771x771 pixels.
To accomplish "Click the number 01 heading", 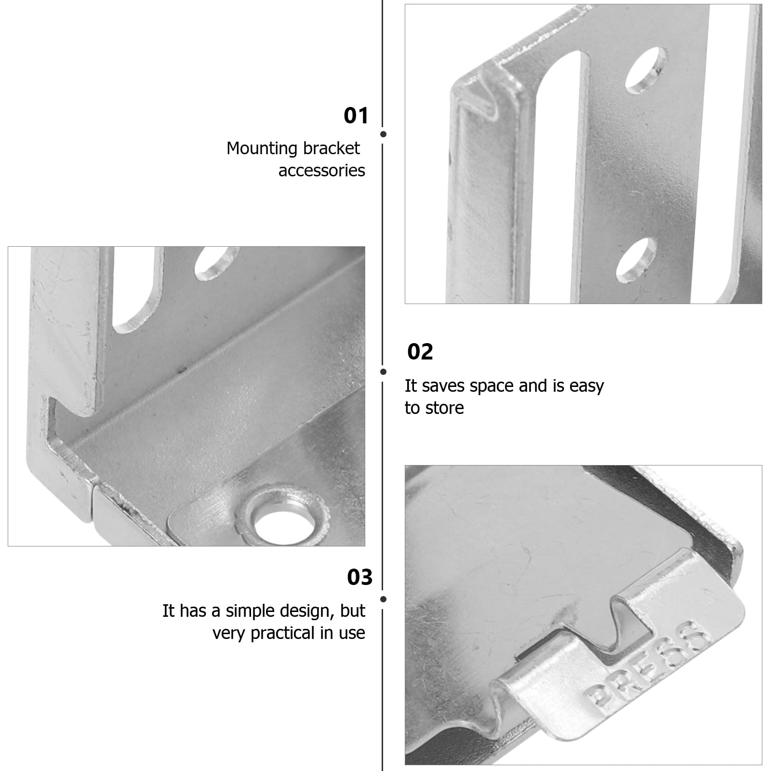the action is [x=356, y=116].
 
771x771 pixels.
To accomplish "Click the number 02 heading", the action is [x=420, y=352].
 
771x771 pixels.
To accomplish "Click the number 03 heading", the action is [x=359, y=577].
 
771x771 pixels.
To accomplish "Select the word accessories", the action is [x=321, y=171].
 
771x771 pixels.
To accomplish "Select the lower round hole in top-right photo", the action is [x=636, y=260].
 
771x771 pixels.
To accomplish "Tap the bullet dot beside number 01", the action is [x=384, y=134].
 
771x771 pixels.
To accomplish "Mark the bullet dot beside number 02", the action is [x=384, y=372].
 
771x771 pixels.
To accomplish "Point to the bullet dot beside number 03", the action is [x=384, y=599].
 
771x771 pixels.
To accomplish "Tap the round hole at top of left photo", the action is [x=217, y=263].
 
